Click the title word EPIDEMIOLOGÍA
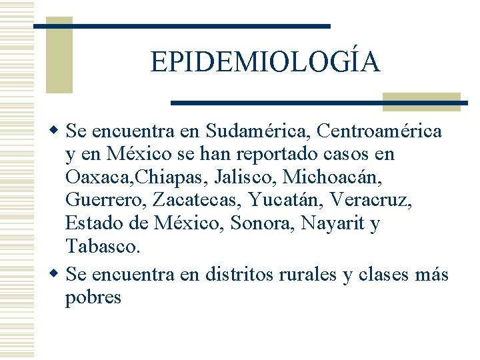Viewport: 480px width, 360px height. click(265, 63)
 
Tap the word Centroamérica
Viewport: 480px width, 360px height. click(379, 131)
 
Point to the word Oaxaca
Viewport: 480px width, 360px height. click(93, 177)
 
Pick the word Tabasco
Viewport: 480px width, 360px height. click(102, 247)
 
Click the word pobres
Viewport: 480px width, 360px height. click(93, 297)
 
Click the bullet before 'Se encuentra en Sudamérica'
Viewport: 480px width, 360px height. click(55, 131)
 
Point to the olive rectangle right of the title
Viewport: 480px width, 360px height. click(421, 101)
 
